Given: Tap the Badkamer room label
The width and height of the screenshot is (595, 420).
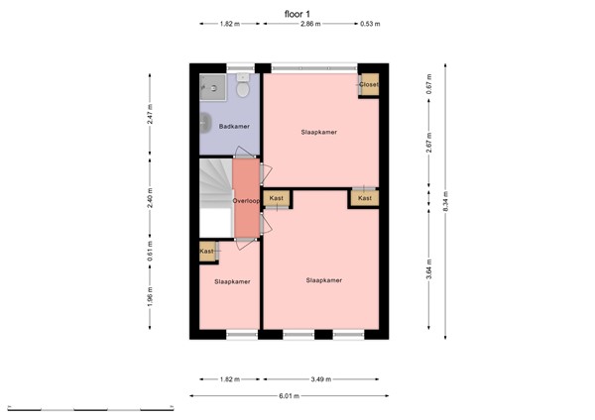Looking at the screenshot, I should [234, 127].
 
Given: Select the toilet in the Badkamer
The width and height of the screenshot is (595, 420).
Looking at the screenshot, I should [242, 89].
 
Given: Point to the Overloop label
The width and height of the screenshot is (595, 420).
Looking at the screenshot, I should [246, 201].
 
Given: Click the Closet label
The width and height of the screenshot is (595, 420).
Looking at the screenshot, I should [368, 85].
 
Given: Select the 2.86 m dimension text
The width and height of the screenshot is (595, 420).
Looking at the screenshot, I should [310, 24].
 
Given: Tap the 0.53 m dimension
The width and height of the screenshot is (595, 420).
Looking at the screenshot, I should [369, 24].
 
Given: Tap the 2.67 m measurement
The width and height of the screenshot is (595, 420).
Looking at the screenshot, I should [428, 146].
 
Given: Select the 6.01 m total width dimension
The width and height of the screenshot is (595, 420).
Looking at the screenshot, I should [288, 396].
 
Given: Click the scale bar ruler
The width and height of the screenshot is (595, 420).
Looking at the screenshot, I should [89, 407].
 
